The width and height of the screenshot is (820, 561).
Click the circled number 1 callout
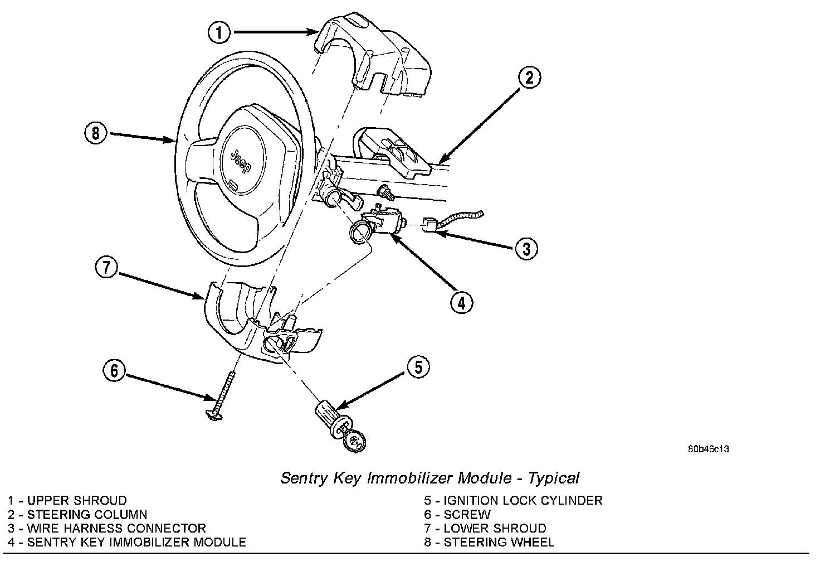tap(219, 32)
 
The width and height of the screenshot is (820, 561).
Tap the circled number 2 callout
tap(529, 78)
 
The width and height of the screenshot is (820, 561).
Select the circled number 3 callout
tap(526, 248)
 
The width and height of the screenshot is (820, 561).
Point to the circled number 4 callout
tap(461, 303)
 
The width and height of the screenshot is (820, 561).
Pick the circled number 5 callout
tap(418, 367)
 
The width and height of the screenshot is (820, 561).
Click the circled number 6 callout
tap(114, 370)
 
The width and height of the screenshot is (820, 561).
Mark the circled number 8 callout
tap(96, 134)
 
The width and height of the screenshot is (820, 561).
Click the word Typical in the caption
tap(554, 478)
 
